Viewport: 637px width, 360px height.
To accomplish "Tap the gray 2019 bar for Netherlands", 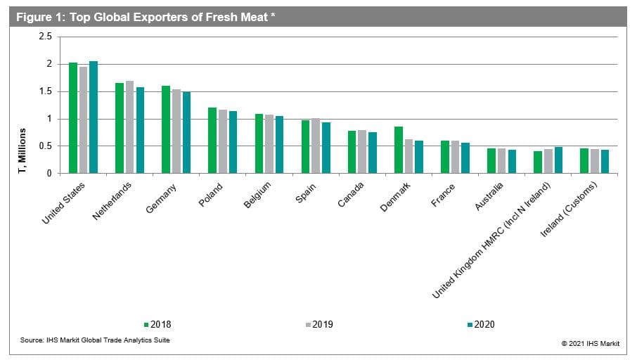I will click(129, 127).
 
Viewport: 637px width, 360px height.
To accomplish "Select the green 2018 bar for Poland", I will click(212, 141).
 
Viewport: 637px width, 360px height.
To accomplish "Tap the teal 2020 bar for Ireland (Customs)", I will click(605, 161).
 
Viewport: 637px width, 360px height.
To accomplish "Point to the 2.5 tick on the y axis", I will click(46, 37).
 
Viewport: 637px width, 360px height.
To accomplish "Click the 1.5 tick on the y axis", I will click(46, 91).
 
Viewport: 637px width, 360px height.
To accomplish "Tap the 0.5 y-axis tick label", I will click(46, 146).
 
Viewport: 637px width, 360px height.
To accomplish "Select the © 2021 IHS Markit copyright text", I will click(590, 342).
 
